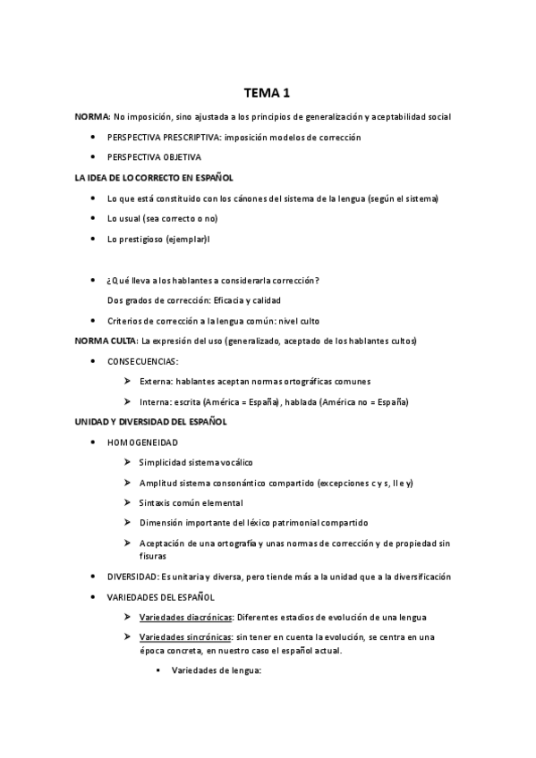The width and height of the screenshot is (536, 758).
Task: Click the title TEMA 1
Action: [268, 92]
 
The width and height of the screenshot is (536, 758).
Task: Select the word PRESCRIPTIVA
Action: [191, 137]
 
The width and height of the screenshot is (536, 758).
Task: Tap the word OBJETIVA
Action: [183, 157]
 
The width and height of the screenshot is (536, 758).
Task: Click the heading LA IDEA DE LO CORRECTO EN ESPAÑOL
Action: [154, 178]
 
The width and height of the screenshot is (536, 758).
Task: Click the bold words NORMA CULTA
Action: [105, 341]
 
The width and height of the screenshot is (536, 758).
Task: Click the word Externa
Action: [155, 382]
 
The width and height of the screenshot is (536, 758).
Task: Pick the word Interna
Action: [154, 401]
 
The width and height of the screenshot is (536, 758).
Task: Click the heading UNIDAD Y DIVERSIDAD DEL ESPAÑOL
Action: [150, 422]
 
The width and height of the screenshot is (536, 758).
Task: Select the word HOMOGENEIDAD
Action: [142, 442]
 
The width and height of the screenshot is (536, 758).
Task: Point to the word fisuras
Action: [153, 555]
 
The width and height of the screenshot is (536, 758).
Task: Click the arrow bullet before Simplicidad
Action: [127, 463]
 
